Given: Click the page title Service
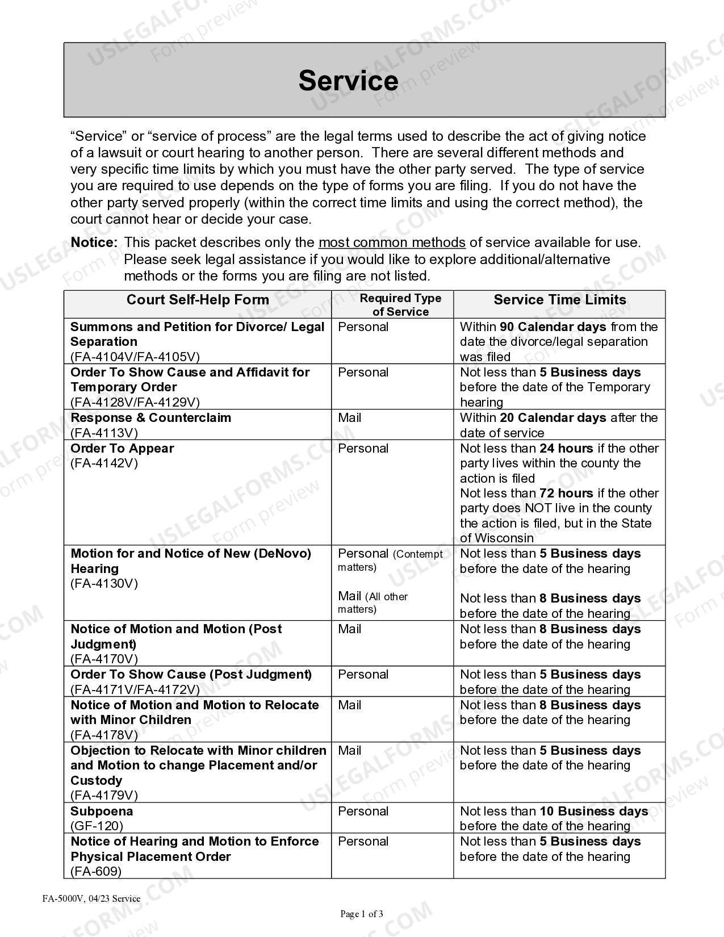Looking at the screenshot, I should (348, 81).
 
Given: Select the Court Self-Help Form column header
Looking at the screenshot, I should (198, 300).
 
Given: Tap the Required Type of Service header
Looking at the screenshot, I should (400, 305).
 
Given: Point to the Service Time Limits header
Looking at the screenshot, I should (559, 300).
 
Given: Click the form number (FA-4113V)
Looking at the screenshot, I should (104, 433).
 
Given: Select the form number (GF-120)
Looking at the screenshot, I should (97, 826).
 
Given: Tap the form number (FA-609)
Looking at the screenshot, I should (96, 872).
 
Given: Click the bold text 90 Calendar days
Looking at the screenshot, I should (553, 327).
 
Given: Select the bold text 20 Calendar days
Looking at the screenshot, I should (553, 418).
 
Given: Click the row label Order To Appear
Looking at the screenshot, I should (122, 449).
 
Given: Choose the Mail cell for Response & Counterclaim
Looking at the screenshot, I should (350, 418).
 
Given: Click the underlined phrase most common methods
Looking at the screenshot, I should (392, 242).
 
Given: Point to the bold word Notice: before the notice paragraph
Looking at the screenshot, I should (94, 242).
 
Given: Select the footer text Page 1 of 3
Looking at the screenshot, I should (362, 914).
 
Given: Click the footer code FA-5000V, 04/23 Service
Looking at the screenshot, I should (91, 898).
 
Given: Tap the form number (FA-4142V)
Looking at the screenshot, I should (104, 463).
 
